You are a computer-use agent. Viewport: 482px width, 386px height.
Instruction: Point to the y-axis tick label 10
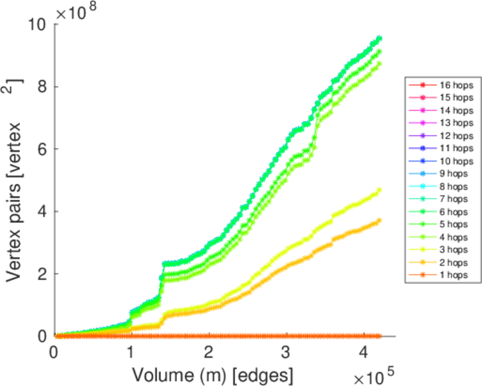[37, 25]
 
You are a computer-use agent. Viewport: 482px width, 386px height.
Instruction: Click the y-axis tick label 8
[42, 87]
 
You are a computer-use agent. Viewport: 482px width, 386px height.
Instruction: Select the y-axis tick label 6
[42, 149]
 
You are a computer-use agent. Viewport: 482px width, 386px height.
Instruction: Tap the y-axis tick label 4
[42, 212]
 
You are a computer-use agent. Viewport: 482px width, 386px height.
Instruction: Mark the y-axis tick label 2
[42, 274]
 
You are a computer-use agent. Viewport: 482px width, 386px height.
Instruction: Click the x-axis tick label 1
[131, 353]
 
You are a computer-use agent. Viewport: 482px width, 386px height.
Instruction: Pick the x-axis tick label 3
[285, 353]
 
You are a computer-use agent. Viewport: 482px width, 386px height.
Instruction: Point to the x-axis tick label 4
[362, 353]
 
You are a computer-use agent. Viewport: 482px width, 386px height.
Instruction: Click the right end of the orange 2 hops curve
[379, 220]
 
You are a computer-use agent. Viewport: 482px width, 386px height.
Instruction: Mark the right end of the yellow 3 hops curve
[379, 190]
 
